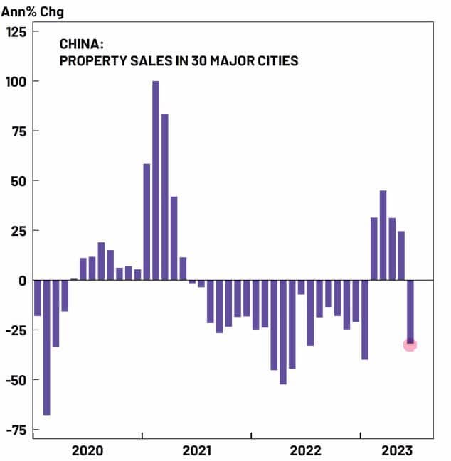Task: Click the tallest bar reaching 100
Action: pos(156,180)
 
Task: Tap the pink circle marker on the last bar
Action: pos(410,345)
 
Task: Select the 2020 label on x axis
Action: pos(88,450)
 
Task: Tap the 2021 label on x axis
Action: pos(197,450)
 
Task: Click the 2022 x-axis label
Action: pos(306,450)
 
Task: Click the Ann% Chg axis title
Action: pos(32,11)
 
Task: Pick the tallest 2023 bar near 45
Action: pos(383,235)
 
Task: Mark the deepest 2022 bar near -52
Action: pos(283,332)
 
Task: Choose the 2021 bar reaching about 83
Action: pos(165,197)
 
